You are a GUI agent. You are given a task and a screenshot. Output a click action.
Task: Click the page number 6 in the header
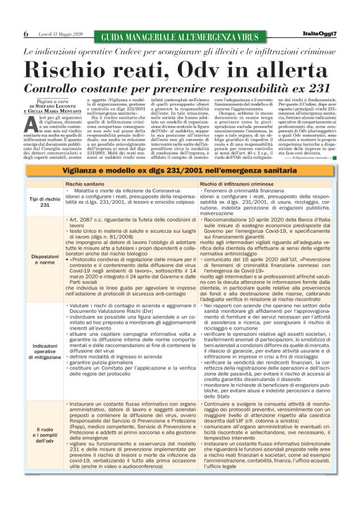coord(26,33)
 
